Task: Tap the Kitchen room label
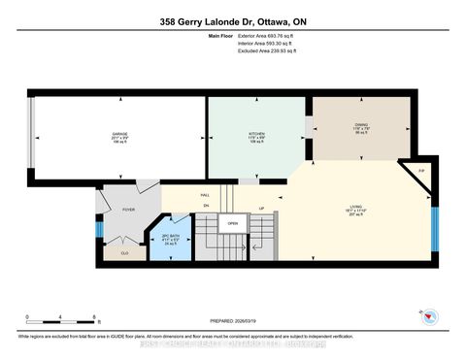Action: click(x=257, y=136)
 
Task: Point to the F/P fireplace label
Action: click(x=419, y=172)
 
